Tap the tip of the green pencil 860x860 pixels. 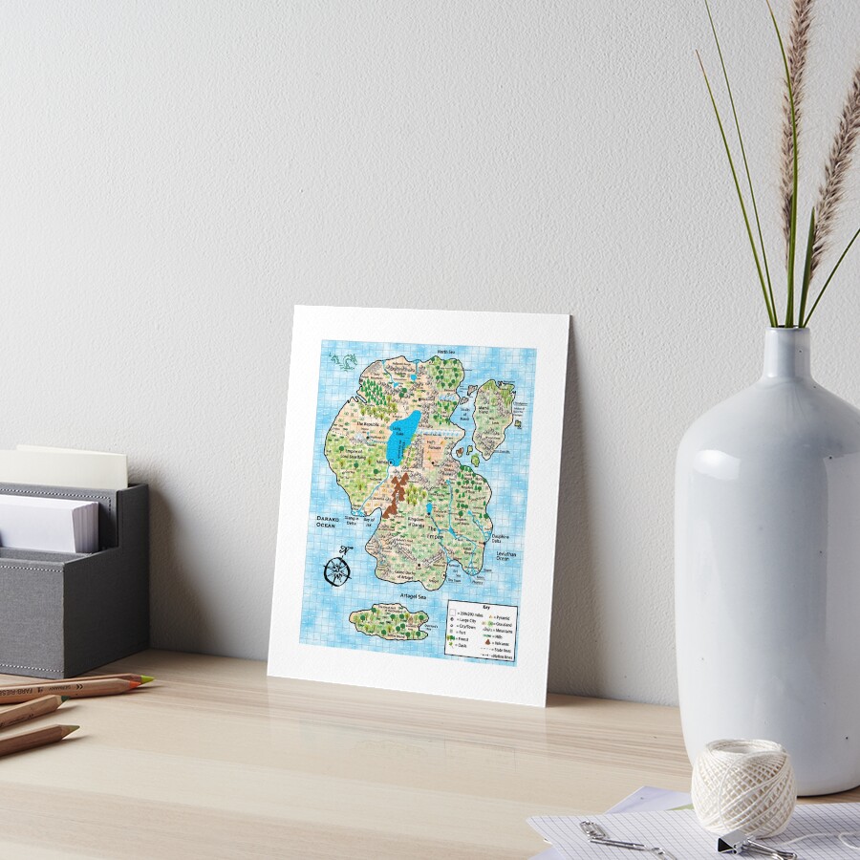(148, 678)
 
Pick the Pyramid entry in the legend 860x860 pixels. (498, 616)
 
